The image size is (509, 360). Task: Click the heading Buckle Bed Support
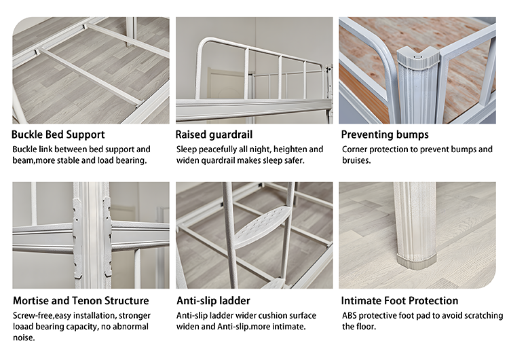click(x=58, y=134)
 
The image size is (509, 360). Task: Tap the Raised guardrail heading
click(x=215, y=134)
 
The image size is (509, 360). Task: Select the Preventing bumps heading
click(x=385, y=134)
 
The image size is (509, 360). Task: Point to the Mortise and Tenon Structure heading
click(x=81, y=300)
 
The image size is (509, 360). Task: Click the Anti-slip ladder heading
click(x=213, y=300)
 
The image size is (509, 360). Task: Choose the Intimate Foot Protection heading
click(x=400, y=300)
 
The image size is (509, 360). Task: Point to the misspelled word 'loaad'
click(x=26, y=327)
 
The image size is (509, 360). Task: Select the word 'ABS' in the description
click(x=351, y=316)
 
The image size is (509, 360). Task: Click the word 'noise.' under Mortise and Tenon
click(x=24, y=338)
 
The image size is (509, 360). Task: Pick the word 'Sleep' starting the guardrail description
click(x=188, y=149)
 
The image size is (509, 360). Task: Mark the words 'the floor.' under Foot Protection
click(x=360, y=327)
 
